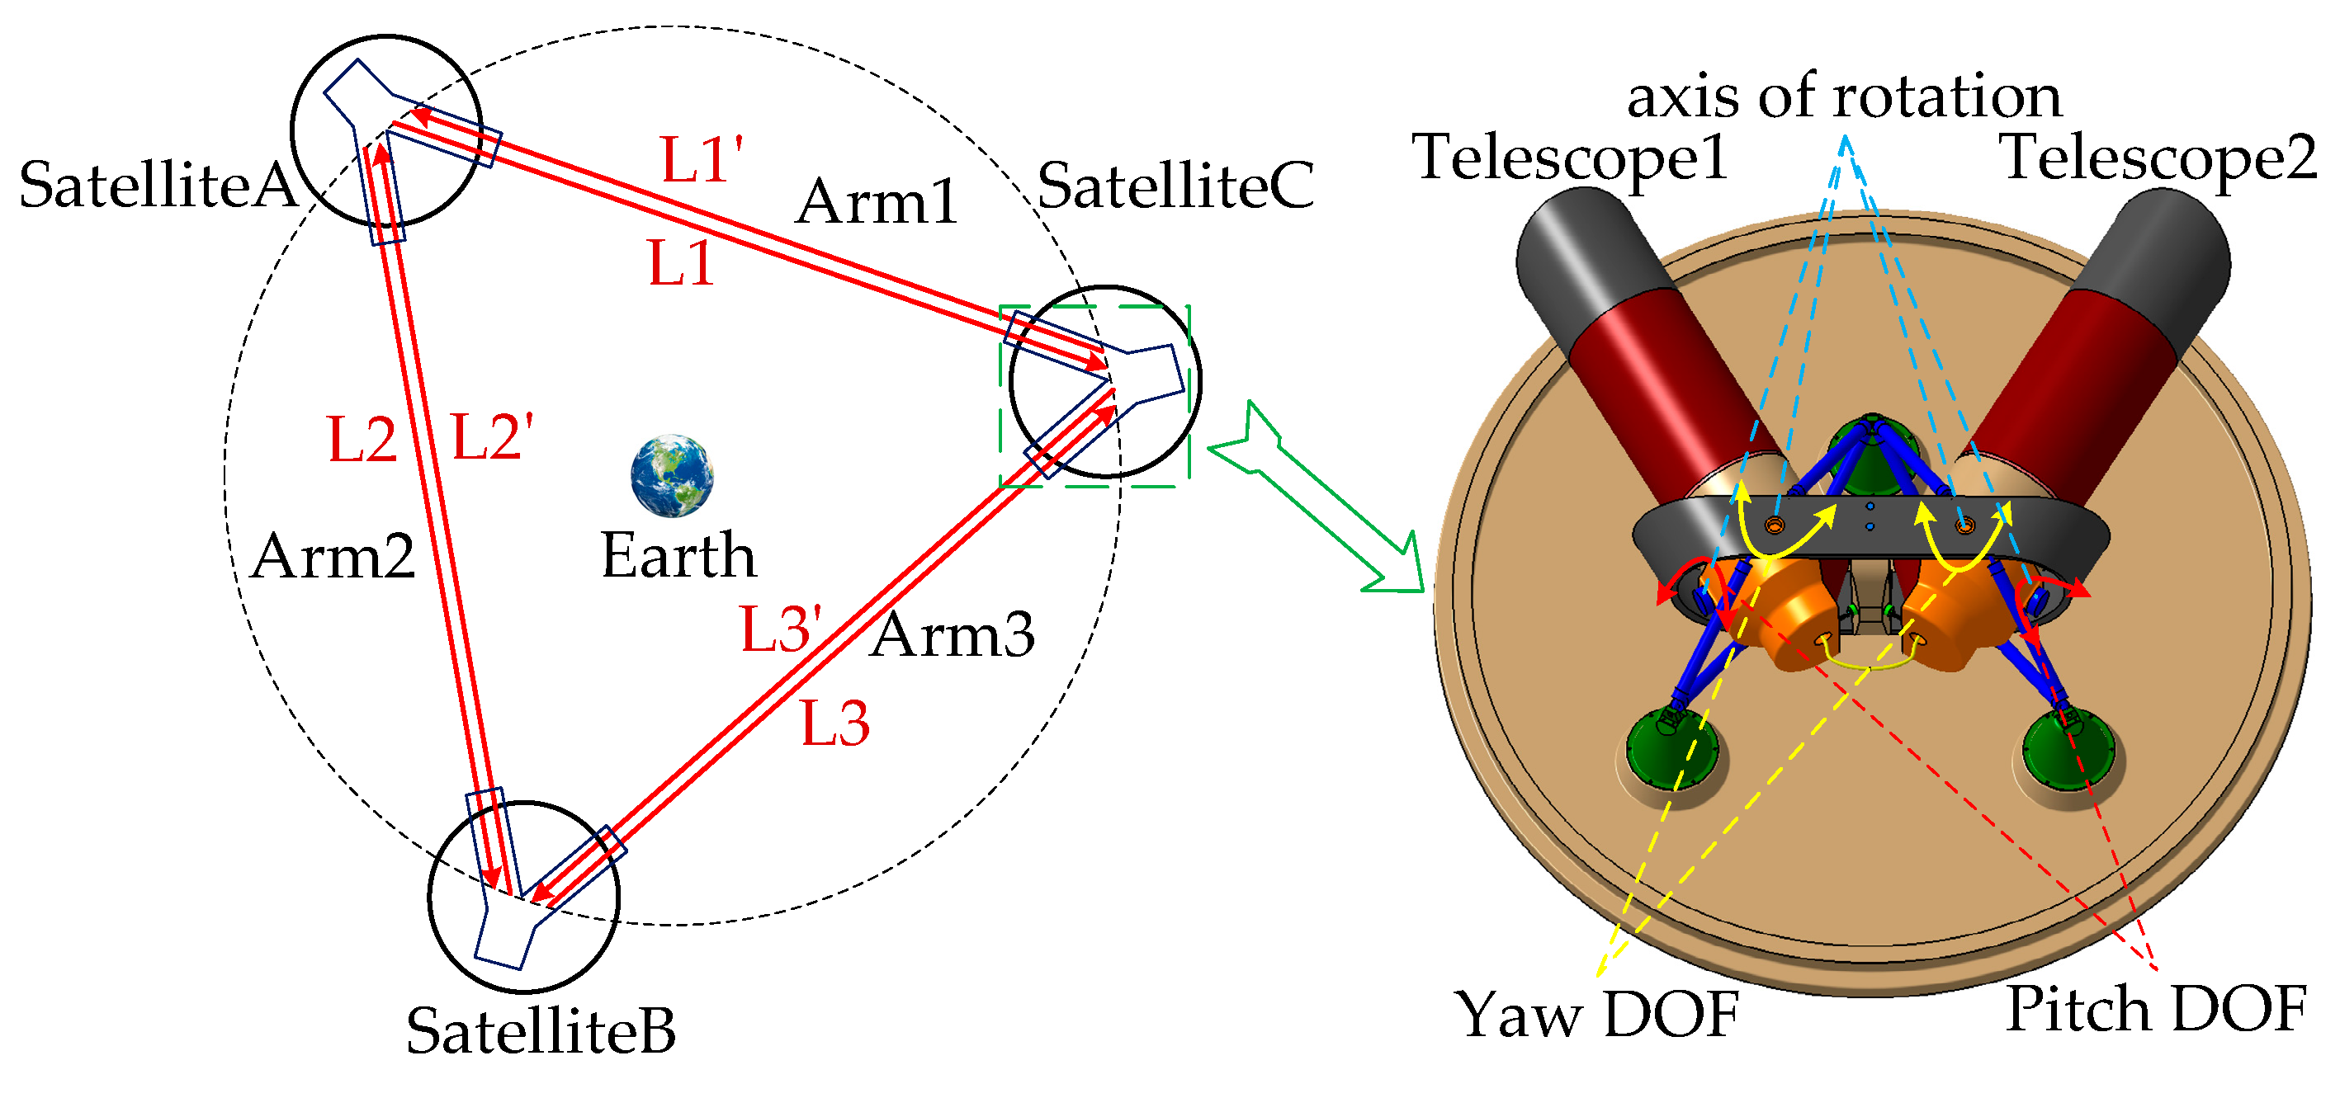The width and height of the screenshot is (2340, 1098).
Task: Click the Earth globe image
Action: [671, 476]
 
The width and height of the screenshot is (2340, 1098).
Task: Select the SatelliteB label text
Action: [541, 1031]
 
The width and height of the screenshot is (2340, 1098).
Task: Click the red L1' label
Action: [701, 161]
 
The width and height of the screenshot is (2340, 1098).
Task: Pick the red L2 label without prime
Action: [362, 441]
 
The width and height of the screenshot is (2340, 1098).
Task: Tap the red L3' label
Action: [780, 629]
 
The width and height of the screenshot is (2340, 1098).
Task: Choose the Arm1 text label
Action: [877, 201]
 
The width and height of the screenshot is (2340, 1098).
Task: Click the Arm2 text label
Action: [333, 556]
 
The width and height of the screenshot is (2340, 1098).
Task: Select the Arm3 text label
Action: [952, 635]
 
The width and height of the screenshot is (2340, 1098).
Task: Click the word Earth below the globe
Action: [678, 556]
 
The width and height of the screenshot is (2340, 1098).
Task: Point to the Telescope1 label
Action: [1569, 158]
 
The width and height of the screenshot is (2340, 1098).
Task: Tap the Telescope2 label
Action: [2158, 158]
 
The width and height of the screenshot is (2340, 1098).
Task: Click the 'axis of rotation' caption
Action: [1844, 97]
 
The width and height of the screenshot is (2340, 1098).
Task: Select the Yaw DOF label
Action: [1597, 1015]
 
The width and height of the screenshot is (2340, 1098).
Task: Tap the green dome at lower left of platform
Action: [1671, 750]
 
